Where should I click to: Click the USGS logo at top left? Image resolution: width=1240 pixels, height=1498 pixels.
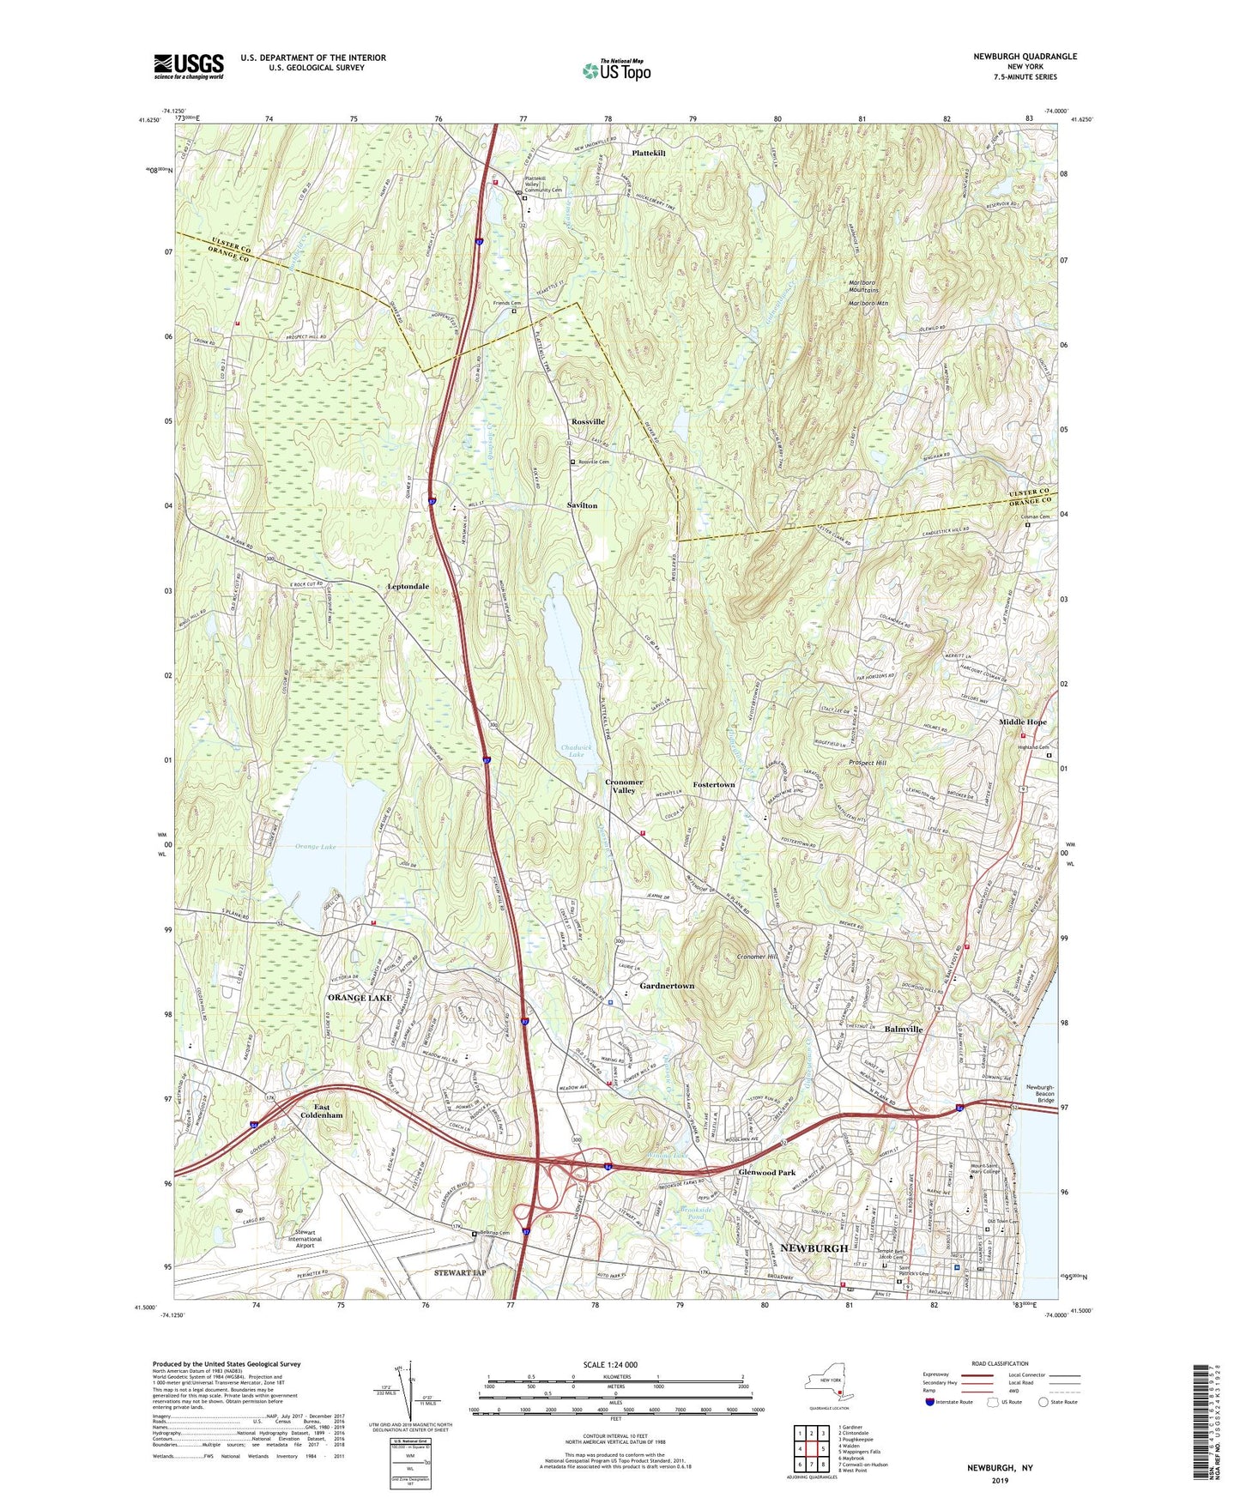tap(188, 66)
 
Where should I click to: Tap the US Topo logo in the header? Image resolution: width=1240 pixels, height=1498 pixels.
tap(616, 71)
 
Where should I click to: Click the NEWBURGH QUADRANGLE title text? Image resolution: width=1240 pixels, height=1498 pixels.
tap(1025, 57)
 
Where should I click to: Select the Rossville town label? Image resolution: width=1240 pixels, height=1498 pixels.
tap(588, 422)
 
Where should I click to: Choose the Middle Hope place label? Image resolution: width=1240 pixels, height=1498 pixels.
tap(1022, 722)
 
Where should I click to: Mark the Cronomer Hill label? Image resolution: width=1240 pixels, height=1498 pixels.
tap(757, 957)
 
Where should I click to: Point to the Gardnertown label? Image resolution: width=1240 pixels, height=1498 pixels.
tap(667, 987)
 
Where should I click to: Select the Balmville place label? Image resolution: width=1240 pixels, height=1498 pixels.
tap(903, 1029)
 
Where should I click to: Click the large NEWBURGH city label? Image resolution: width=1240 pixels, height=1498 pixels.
tap(814, 1247)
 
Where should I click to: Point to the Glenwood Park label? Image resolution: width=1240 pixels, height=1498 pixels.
tap(766, 1172)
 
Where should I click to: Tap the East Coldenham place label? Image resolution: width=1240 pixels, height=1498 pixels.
tap(321, 1111)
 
